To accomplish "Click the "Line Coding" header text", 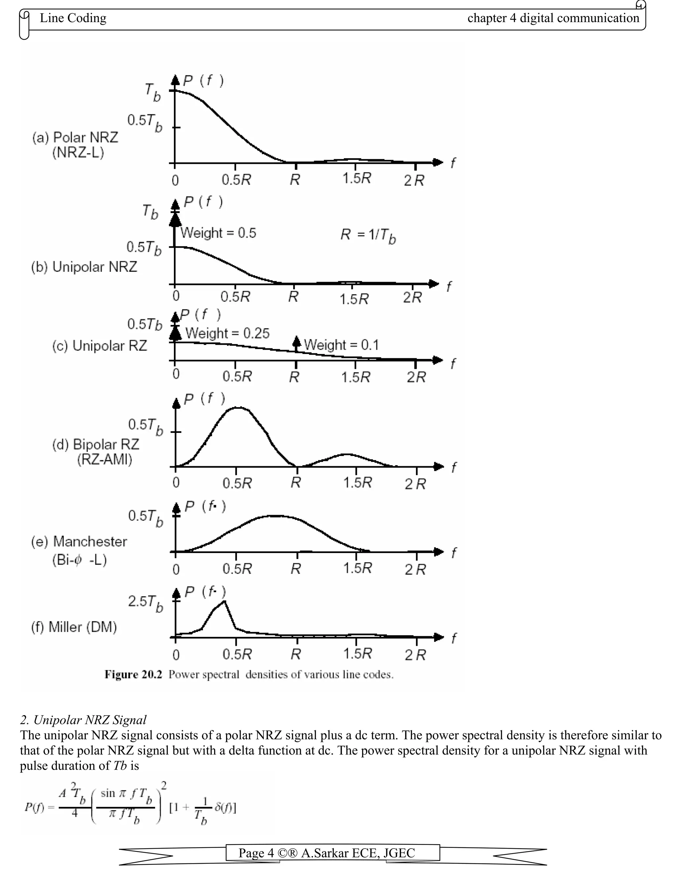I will pyautogui.click(x=73, y=18).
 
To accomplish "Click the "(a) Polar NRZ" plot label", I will pyautogui.click(x=75, y=138).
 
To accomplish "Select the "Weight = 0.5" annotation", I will pyautogui.click(x=218, y=233).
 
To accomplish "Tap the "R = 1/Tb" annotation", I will pyautogui.click(x=368, y=235).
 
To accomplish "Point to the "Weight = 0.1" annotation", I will pyautogui.click(x=341, y=345).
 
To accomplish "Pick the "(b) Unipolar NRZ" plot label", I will pyautogui.click(x=84, y=267).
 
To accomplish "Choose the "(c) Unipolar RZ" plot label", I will pyautogui.click(x=100, y=346).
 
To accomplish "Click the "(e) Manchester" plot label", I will pyautogui.click(x=79, y=542).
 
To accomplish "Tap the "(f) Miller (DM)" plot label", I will pyautogui.click(x=74, y=627).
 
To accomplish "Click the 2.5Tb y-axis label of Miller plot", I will pyautogui.click(x=145, y=603).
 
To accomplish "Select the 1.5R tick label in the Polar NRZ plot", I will pyautogui.click(x=356, y=179).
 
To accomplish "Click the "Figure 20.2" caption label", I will pyautogui.click(x=133, y=675).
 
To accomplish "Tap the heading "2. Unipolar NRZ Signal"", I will pyautogui.click(x=83, y=720).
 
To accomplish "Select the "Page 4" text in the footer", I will pyautogui.click(x=256, y=853).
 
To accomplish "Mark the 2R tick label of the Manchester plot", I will pyautogui.click(x=415, y=570).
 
